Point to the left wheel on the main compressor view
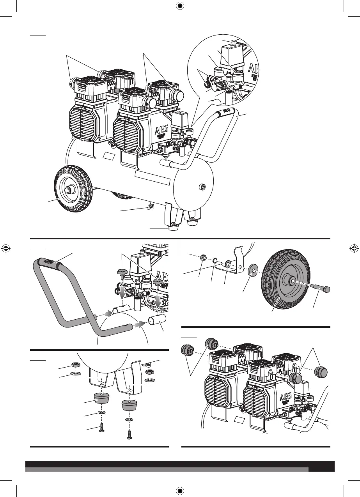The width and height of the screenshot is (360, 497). tap(72, 191)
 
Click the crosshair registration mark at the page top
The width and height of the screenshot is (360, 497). tap(180, 6)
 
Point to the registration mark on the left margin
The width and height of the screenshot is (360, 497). tap(6, 248)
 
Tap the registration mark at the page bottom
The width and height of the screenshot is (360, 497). tap(180, 490)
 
